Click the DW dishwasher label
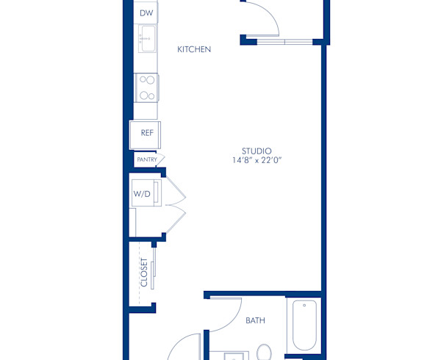[x=146, y=13]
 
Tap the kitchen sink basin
[x=147, y=38]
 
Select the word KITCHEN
[x=195, y=49]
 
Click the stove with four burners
[x=146, y=87]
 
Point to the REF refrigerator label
[x=146, y=134]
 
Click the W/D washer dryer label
[x=141, y=194]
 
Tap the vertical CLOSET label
[x=143, y=272]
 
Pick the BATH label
[x=255, y=320]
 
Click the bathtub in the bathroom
[x=304, y=325]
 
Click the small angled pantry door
[x=161, y=159]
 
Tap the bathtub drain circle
[x=304, y=307]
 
